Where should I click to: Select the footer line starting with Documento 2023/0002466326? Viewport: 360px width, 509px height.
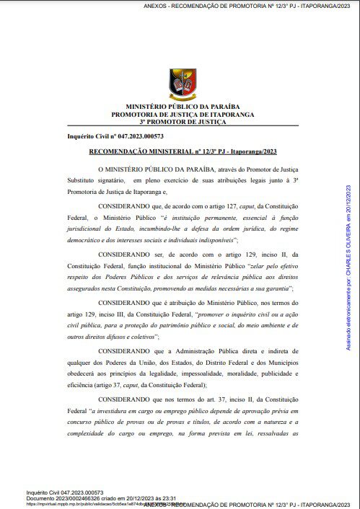click(101, 498)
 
